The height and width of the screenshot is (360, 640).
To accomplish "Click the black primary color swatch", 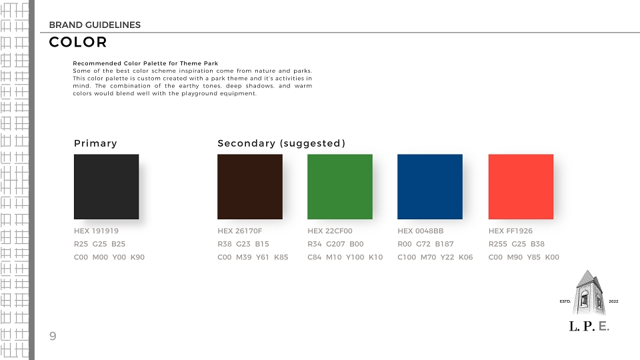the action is pyautogui.click(x=106, y=187).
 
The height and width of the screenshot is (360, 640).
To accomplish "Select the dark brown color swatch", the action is pyautogui.click(x=250, y=187).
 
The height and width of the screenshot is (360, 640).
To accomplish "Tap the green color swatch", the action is pyautogui.click(x=340, y=187).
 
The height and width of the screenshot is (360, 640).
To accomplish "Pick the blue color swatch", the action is pyautogui.click(x=430, y=187).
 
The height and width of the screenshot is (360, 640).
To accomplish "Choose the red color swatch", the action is pyautogui.click(x=521, y=187).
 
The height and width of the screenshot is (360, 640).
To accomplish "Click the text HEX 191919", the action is pyautogui.click(x=96, y=231).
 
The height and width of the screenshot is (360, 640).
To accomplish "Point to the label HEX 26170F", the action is pyautogui.click(x=239, y=231).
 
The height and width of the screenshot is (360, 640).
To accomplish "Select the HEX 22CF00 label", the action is pyautogui.click(x=330, y=231).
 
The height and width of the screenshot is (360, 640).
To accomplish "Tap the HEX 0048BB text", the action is pyautogui.click(x=421, y=231).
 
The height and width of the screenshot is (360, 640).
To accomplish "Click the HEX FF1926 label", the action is pyautogui.click(x=511, y=231).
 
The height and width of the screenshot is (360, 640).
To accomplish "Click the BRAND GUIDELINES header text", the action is pyautogui.click(x=95, y=25).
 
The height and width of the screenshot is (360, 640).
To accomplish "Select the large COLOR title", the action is pyautogui.click(x=78, y=42).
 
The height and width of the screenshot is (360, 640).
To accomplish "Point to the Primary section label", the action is pyautogui.click(x=95, y=143).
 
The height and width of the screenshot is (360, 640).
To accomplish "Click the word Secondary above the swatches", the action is pyautogui.click(x=247, y=143).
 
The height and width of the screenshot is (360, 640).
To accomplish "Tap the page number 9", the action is pyautogui.click(x=53, y=336).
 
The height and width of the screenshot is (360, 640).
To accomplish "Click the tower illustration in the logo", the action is pyautogui.click(x=588, y=293).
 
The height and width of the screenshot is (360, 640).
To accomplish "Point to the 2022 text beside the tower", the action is pyautogui.click(x=613, y=301).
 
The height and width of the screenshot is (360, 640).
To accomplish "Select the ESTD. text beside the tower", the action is pyautogui.click(x=565, y=301).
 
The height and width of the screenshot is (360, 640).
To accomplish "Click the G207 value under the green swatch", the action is pyautogui.click(x=335, y=244).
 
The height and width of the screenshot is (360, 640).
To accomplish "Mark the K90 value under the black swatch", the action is pyautogui.click(x=137, y=257).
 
